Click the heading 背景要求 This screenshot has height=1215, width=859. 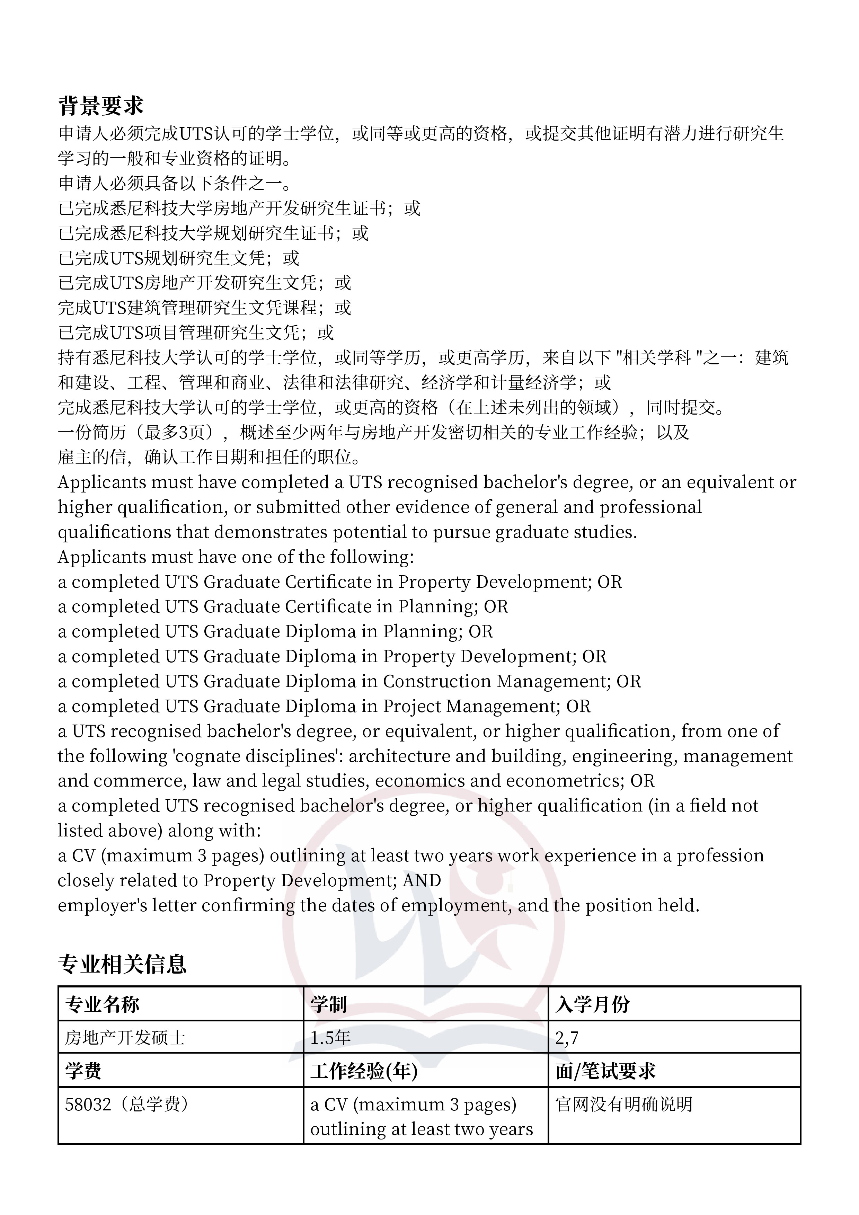pos(100,106)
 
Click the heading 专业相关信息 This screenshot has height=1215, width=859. pos(122,964)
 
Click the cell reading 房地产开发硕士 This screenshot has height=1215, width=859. pos(125,1038)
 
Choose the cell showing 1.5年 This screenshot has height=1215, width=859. pos(330,1038)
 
